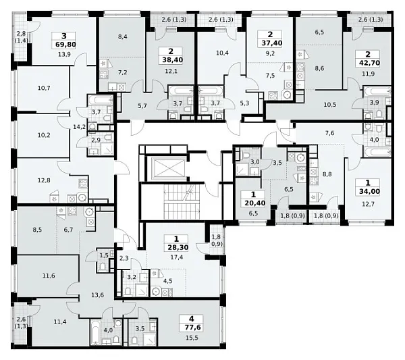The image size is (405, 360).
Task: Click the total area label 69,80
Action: [65, 45]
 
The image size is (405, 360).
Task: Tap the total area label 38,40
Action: [173, 60]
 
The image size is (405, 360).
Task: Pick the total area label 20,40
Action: [254, 203]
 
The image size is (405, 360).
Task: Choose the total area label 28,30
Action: [178, 247]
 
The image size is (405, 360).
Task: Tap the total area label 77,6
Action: [192, 328]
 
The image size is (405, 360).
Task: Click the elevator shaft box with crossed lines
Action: [168, 168]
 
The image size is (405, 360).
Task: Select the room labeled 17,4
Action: [176, 257]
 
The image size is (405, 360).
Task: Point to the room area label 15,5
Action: [192, 338]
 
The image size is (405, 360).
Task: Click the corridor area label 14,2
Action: [78, 127]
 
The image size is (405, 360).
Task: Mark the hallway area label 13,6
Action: [98, 295]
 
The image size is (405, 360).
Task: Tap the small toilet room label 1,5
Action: [103, 255]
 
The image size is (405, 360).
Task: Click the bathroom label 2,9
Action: [96, 140]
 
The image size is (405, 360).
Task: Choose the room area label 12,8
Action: [44, 180]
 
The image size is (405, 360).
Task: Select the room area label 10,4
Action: [222, 53]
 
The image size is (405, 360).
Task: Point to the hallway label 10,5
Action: [330, 105]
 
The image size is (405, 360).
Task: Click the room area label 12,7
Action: [368, 204]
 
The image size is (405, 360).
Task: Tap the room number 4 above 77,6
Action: [192, 319]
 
